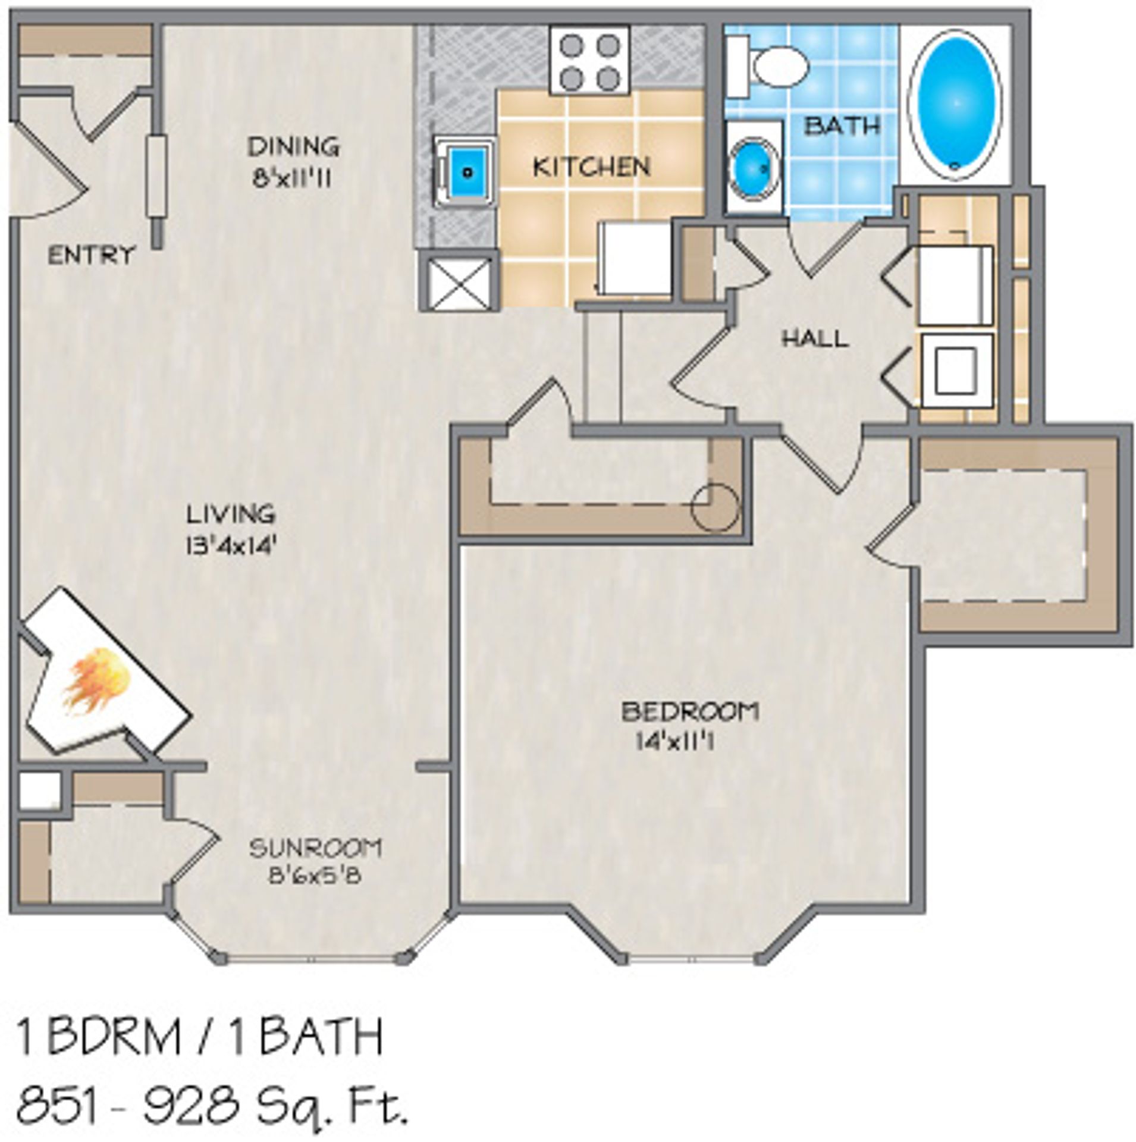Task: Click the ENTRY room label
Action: [91, 256]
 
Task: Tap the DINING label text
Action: [293, 146]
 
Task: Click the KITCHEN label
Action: [591, 167]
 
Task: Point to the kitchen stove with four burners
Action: [589, 60]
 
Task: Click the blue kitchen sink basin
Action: [467, 172]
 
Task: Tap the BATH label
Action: [842, 126]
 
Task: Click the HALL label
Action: [814, 339]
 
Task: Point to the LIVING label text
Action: [231, 513]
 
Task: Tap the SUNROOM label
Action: [315, 848]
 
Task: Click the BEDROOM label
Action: [690, 712]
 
